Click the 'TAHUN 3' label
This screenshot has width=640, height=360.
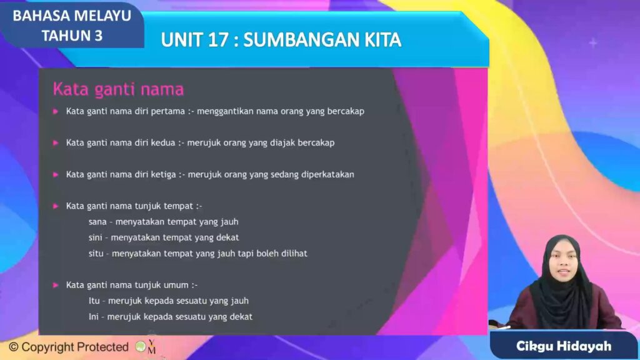coord(72,36)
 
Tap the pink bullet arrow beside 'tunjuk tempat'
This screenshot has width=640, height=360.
coord(56,206)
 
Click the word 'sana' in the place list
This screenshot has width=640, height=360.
coord(97,222)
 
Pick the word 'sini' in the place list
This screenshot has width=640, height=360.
coord(96,237)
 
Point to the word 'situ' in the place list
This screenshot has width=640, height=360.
coord(96,254)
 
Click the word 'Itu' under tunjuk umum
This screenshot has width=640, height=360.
coord(94,301)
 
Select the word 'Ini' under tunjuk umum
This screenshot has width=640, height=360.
coord(94,317)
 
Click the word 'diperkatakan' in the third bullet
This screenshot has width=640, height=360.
coord(327,175)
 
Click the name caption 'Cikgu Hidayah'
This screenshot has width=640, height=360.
coord(564,346)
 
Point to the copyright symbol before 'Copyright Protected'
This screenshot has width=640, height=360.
coord(14,347)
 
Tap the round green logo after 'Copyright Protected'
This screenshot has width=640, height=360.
coord(141,347)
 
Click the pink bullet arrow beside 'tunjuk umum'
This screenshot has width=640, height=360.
coord(56,285)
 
